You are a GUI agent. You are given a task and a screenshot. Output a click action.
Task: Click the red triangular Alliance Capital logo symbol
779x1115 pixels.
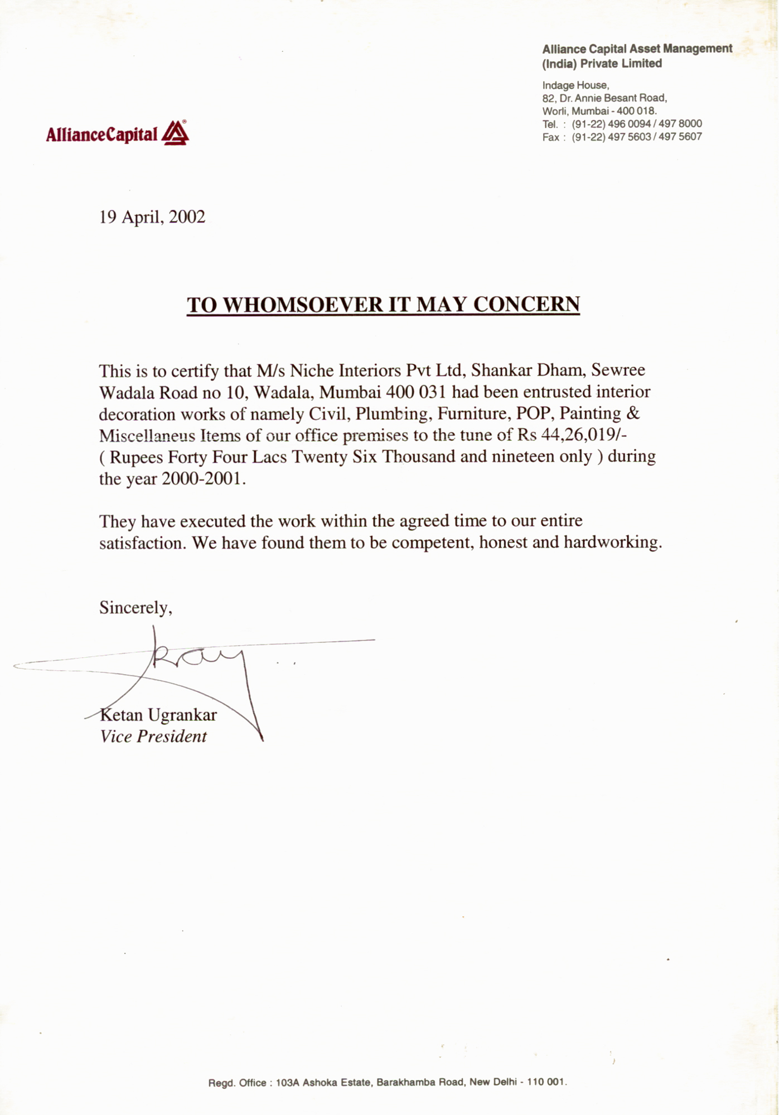[175, 133]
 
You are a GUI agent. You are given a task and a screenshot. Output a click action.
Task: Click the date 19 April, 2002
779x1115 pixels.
[152, 217]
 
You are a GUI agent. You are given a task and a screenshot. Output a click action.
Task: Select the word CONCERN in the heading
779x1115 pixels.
[526, 305]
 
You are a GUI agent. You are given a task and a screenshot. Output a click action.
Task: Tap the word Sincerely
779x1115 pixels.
[135, 607]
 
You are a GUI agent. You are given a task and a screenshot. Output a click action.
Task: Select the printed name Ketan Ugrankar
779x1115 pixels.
[158, 715]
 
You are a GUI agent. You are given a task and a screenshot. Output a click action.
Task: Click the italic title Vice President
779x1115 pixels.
[153, 736]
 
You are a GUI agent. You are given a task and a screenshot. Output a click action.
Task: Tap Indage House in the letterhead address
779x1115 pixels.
[575, 85]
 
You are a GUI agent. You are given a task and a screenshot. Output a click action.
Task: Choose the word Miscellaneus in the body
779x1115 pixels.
[147, 435]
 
